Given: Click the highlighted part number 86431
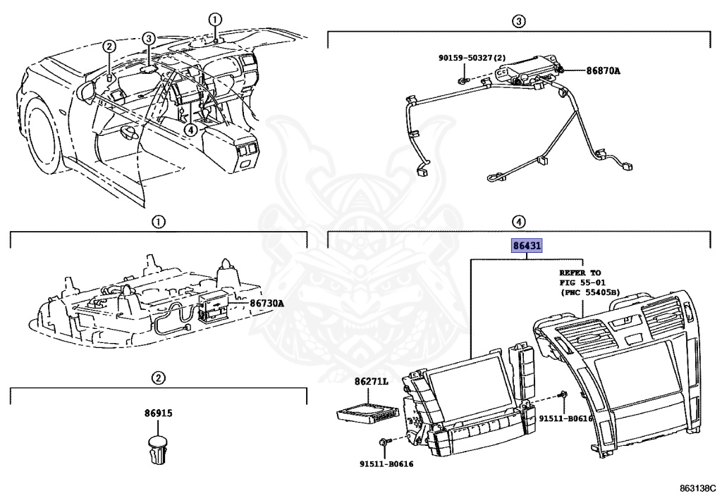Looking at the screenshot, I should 527,247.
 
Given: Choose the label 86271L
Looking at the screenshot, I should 372,381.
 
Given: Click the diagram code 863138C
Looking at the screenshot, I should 697,487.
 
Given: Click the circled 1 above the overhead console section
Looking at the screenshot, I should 159,222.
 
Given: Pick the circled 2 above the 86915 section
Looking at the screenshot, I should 159,378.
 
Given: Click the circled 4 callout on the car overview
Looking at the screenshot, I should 190,130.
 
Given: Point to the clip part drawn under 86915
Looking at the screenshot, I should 159,449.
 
